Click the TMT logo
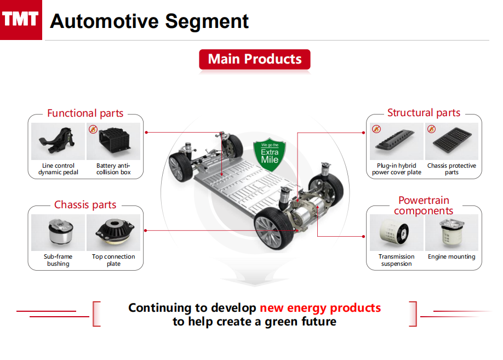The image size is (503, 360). pos(21,20)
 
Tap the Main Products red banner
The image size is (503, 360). pos(255,59)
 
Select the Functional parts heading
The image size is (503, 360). pos(85,113)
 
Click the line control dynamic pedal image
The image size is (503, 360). pos(58,141)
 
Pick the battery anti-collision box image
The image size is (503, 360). pos(114,141)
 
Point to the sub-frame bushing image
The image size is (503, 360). pos(58,232)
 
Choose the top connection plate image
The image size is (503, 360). pos(113,232)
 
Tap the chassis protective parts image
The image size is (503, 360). pos(452,141)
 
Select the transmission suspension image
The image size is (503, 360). pos(396,232)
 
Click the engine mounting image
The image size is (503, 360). pos(452,232)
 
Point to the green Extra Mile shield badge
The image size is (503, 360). pos(269,152)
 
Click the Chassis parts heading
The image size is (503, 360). pos(85,205)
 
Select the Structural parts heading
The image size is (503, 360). pos(424,113)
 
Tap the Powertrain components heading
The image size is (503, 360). pos(424,205)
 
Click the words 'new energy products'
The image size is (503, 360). pos(320,307)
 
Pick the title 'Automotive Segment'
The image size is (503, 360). pos(149,21)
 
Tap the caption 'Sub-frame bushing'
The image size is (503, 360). pos(58,260)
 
